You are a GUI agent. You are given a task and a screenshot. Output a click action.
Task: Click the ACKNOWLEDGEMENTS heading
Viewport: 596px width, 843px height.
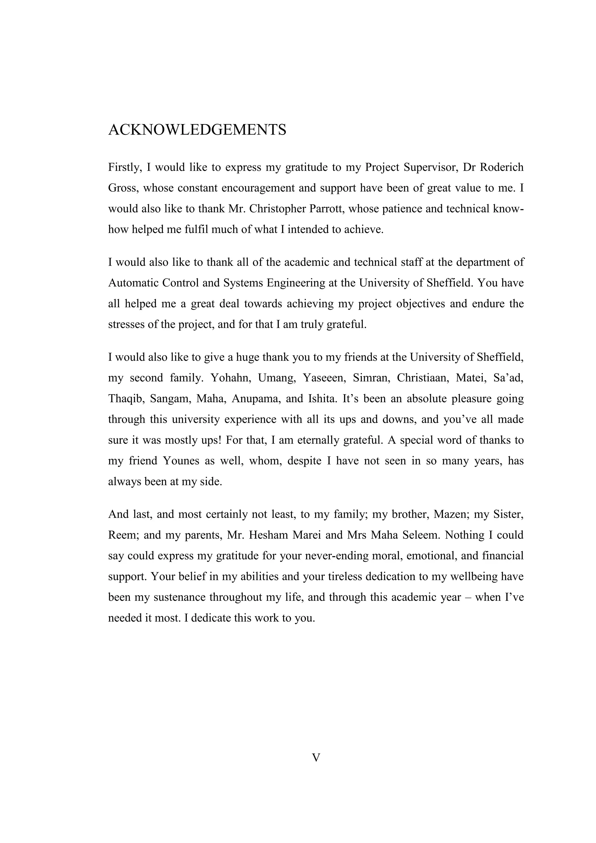[x=197, y=130]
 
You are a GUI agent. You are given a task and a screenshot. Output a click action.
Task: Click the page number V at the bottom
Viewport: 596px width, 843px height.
[x=316, y=757]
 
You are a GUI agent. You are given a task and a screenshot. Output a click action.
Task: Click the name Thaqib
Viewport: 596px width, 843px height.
[x=125, y=399]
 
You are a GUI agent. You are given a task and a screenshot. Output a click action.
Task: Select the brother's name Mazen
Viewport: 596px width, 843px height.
[x=450, y=515]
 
